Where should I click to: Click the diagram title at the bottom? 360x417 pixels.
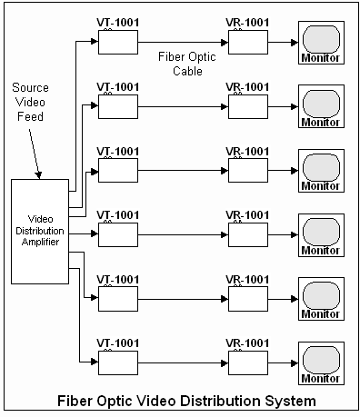187,400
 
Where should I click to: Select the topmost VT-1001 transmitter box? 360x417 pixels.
117,42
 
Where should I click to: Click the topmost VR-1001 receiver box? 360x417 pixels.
247,42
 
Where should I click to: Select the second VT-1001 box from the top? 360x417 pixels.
117,106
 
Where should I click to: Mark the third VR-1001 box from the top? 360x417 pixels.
247,171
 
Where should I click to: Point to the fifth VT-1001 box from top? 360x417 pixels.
117,299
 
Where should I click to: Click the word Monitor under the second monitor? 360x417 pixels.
321,122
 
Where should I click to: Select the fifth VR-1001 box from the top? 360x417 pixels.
247,299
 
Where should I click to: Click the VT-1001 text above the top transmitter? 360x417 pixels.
117,22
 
